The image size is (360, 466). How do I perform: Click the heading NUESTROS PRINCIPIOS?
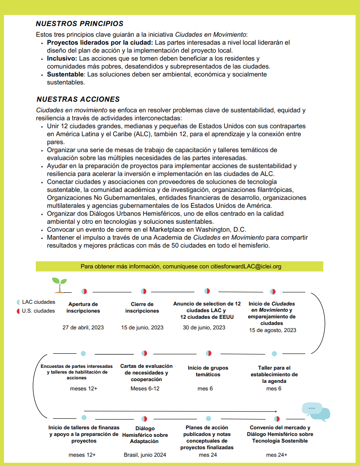[80, 23]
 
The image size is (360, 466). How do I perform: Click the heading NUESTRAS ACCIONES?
[78, 99]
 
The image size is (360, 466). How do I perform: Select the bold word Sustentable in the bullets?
[65, 74]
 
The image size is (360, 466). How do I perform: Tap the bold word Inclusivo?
[62, 58]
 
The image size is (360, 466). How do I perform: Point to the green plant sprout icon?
[60, 285]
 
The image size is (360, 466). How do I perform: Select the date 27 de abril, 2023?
[83, 328]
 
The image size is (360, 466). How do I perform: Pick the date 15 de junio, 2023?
[142, 328]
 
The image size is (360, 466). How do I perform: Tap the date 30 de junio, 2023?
[204, 328]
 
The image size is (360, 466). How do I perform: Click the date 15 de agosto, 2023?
[273, 330]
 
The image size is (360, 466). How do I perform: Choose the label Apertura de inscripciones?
[83, 307]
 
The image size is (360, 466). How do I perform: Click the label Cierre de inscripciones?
[142, 307]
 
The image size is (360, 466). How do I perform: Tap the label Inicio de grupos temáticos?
[208, 371]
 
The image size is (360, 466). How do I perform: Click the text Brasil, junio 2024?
[145, 455]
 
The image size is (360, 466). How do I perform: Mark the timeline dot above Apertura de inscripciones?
[84, 291]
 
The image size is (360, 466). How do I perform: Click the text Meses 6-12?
[145, 389]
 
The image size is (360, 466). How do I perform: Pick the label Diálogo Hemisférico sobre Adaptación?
[145, 435]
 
